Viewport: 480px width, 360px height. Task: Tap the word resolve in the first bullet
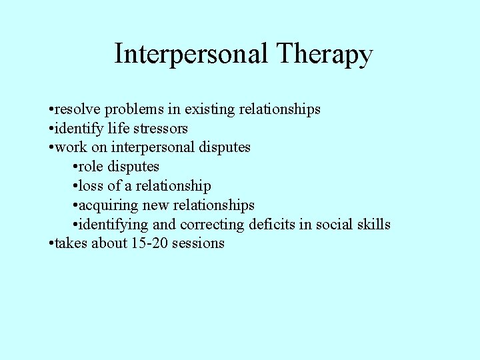(75, 109)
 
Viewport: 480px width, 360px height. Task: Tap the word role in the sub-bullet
(91, 166)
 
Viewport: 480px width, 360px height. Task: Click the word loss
(91, 185)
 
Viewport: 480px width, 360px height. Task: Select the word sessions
(198, 243)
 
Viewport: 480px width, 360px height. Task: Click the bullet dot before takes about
(51, 243)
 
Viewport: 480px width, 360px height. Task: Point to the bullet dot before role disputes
(73, 166)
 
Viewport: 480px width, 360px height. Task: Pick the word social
(334, 224)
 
